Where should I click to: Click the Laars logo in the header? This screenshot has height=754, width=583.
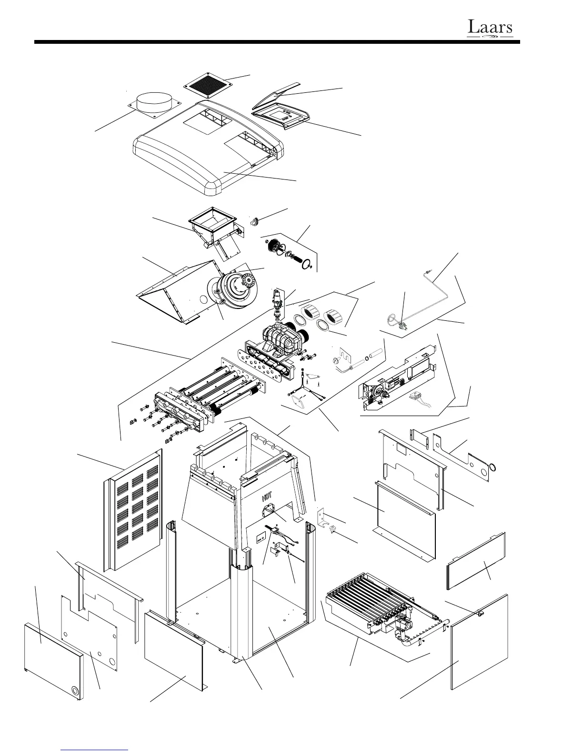(490, 28)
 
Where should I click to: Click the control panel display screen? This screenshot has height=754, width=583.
(281, 114)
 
